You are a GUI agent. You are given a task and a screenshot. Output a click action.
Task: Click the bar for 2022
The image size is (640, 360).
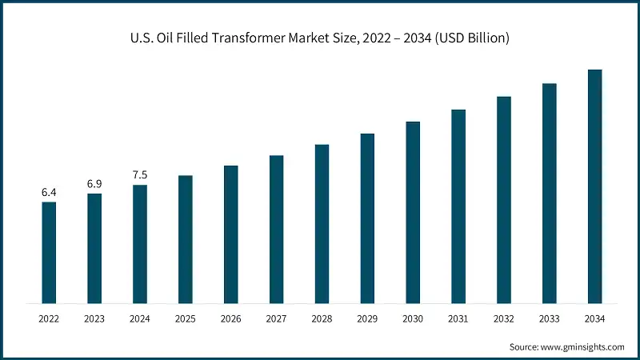click(x=49, y=252)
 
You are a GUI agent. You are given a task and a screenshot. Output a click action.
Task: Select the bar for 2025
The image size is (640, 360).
click(x=185, y=239)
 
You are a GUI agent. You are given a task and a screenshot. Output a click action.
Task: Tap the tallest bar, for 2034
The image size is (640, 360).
click(x=594, y=186)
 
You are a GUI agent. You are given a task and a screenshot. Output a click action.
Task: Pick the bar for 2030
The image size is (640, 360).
click(x=413, y=212)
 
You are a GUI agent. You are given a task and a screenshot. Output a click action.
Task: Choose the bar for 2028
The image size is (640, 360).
click(x=322, y=224)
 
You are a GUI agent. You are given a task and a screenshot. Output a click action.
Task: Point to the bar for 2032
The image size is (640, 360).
click(x=504, y=200)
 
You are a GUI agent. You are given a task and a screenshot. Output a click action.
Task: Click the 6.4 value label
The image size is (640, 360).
click(x=49, y=192)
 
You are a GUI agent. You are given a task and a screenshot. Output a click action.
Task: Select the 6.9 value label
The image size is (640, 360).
click(x=94, y=184)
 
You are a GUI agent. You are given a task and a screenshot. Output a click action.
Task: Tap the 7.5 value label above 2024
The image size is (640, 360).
click(x=140, y=174)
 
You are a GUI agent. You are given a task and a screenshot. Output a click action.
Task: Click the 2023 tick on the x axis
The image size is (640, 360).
click(x=94, y=319)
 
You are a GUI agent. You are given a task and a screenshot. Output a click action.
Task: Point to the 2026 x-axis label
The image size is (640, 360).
click(x=230, y=319)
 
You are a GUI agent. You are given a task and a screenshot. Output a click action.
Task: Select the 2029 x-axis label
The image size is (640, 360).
click(x=367, y=319)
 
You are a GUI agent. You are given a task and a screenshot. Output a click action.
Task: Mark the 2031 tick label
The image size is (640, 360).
click(x=458, y=319)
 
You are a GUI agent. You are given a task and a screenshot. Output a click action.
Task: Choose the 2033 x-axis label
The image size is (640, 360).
click(x=549, y=319)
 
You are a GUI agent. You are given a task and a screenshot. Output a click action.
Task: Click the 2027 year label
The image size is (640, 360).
click(x=276, y=319)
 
